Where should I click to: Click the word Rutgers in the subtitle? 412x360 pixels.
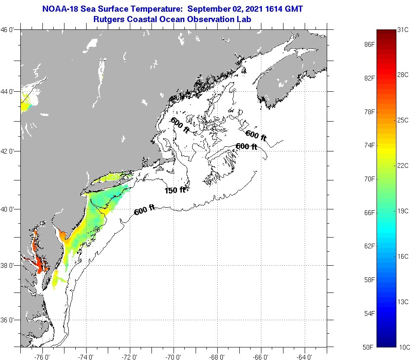(x=109, y=19)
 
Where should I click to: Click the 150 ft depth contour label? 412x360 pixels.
(x=175, y=190)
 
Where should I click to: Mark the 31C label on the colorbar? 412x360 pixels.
(x=403, y=30)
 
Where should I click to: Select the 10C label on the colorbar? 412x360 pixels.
(x=403, y=347)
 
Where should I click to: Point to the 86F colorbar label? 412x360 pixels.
(x=369, y=45)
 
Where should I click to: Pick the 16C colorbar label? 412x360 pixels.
(x=403, y=256)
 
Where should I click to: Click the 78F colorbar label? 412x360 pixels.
(x=369, y=112)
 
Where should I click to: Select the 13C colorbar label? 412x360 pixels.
(x=403, y=301)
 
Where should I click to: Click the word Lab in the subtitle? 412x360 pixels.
(x=244, y=19)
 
